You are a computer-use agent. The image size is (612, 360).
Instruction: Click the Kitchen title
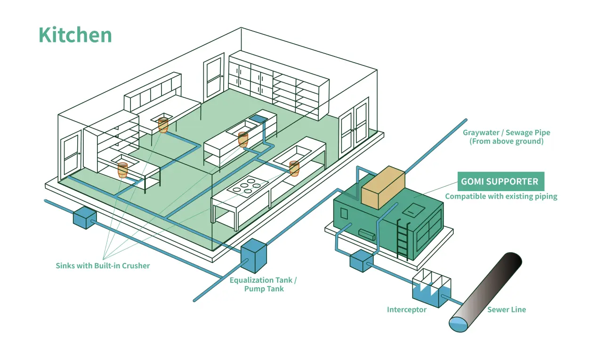pos(75,35)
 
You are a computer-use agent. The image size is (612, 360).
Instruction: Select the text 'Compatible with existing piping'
pos(501,196)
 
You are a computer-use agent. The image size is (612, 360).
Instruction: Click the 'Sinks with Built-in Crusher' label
pos(103,265)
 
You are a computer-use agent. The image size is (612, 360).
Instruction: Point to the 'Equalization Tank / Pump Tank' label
pos(263,284)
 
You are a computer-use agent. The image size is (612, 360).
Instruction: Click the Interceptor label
pos(406,310)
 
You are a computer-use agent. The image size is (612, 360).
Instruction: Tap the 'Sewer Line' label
pos(506,310)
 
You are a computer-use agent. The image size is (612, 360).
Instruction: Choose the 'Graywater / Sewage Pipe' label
pos(506,137)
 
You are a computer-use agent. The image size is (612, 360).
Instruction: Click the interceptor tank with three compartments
pos(431,288)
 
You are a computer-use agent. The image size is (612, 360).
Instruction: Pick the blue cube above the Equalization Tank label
pos(254,256)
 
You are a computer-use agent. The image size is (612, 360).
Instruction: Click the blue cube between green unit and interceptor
pos(361,261)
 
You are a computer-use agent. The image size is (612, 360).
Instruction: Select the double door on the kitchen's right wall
pos(354,124)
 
